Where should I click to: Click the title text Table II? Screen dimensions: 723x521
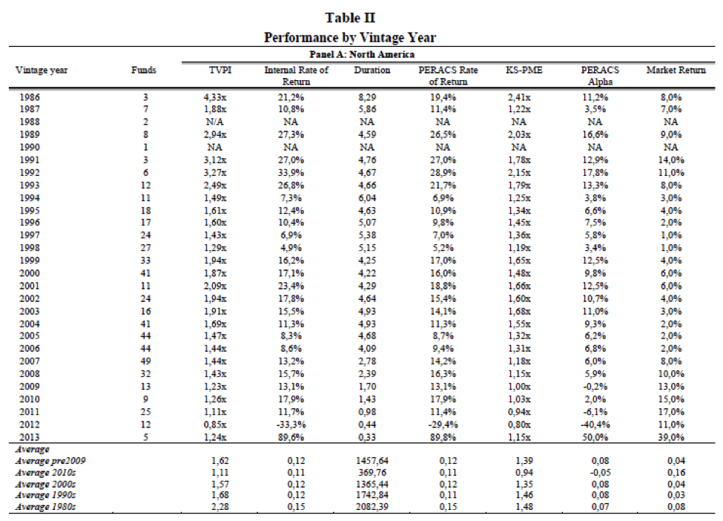click(x=350, y=18)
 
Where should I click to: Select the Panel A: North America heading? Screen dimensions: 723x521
click(x=362, y=54)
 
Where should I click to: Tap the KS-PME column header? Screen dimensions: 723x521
click(x=524, y=71)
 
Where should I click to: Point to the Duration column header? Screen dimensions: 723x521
click(x=372, y=71)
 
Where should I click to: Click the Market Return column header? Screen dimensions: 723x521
click(x=676, y=71)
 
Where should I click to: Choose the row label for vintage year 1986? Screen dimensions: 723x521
click(x=30, y=97)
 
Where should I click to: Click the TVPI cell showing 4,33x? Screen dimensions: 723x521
click(x=215, y=97)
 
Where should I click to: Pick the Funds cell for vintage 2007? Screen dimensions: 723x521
click(x=145, y=361)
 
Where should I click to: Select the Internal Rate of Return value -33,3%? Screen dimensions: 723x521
click(x=291, y=425)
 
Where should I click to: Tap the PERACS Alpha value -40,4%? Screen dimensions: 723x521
click(x=595, y=425)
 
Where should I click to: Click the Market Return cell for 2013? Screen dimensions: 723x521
click(x=671, y=437)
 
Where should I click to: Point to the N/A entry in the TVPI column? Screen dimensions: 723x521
click(x=214, y=122)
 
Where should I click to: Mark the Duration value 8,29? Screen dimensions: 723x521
click(x=367, y=97)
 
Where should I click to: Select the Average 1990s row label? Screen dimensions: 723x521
click(x=45, y=495)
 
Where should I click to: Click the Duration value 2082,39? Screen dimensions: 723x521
click(x=372, y=507)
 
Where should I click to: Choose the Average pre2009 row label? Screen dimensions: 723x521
click(x=50, y=461)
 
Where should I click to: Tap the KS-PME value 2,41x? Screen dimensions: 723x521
click(x=519, y=97)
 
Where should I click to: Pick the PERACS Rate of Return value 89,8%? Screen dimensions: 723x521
click(x=443, y=437)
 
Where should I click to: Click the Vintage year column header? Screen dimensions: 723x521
click(x=42, y=71)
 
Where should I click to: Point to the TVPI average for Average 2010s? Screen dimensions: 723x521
click(x=220, y=473)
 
